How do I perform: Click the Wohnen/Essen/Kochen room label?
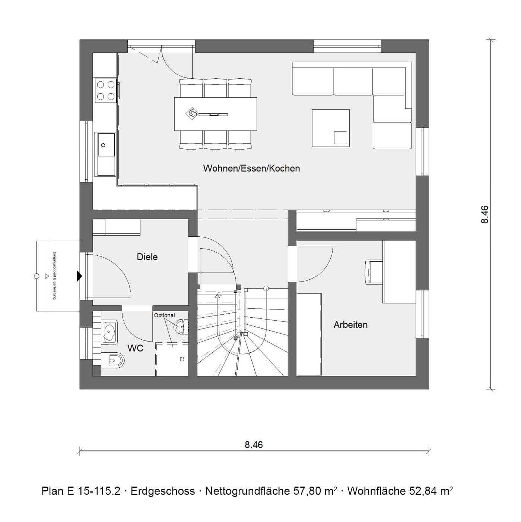coord(251,168)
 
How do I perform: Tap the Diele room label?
coord(147,257)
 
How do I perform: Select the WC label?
coord(135,348)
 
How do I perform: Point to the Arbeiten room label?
coord(350,325)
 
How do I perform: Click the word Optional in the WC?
coord(164,315)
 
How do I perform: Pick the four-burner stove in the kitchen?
coord(105,91)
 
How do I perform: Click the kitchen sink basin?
coord(106,145)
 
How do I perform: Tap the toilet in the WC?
coord(114,360)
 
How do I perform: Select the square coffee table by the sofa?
coord(330,128)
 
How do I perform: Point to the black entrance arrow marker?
coord(79,276)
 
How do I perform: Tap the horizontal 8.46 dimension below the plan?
coord(254,444)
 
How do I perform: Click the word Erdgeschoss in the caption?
coord(163,491)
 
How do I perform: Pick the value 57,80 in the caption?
coord(308,491)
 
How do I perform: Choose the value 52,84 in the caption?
coord(423,491)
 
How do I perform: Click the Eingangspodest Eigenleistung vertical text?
coord(54,276)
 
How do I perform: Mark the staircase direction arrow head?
coord(217,296)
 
